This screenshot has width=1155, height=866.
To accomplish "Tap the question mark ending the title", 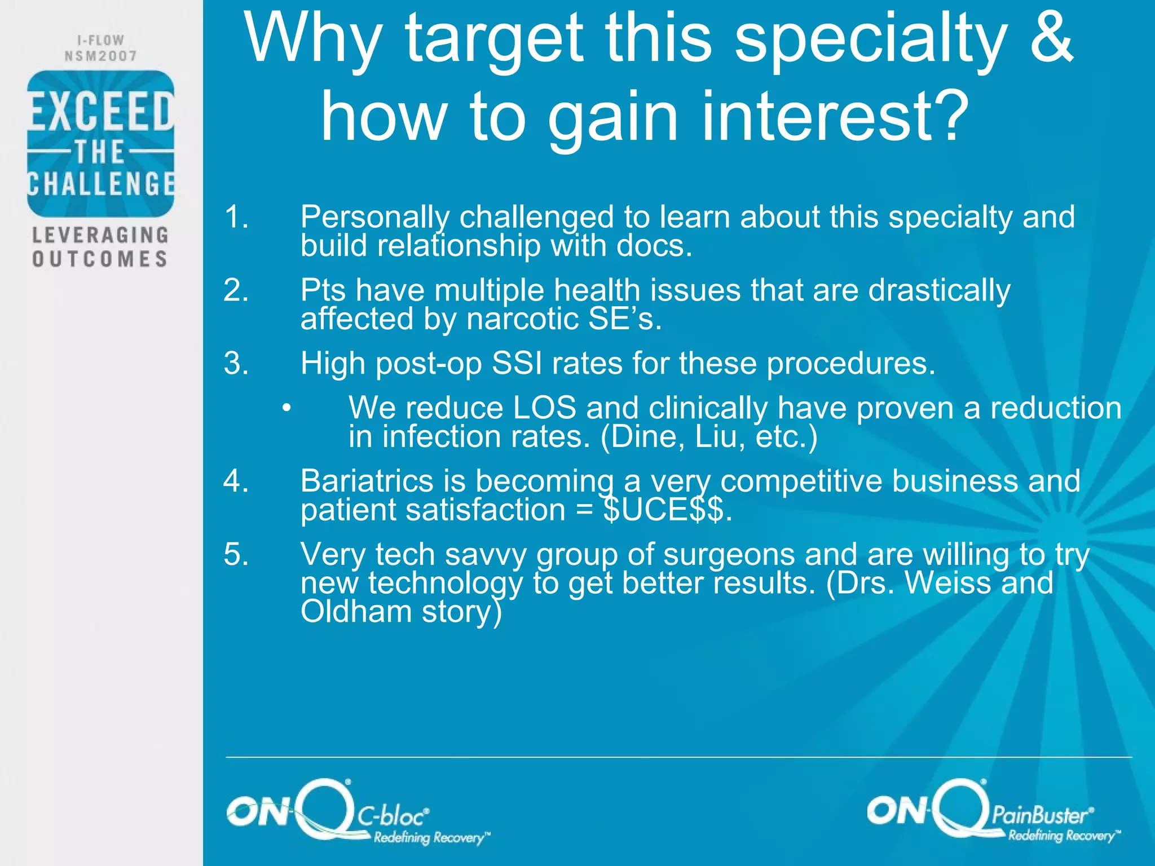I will (x=951, y=117).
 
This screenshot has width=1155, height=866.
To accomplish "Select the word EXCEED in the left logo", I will (x=100, y=112).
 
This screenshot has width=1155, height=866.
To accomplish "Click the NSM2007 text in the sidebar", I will (x=100, y=56).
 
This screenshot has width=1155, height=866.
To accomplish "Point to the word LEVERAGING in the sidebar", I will (x=100, y=235).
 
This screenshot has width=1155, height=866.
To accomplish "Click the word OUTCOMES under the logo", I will (x=100, y=259).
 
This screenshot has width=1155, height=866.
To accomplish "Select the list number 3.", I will (x=235, y=363).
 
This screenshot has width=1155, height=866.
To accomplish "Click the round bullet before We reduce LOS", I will (x=287, y=408).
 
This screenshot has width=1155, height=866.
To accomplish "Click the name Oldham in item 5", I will (x=356, y=611).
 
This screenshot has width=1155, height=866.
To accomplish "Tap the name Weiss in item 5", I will (x=947, y=583).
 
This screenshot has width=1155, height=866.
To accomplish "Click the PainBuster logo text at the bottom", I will (x=1041, y=815).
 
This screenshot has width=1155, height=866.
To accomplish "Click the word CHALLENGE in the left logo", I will (x=100, y=184).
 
